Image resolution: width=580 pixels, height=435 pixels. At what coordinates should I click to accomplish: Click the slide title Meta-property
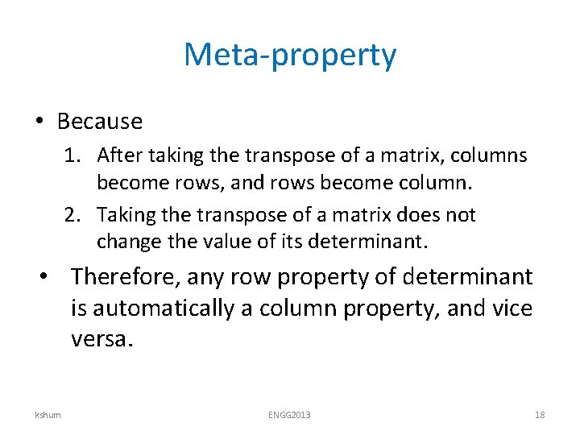click(x=290, y=56)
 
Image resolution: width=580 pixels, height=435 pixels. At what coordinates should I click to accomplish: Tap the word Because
click(x=100, y=122)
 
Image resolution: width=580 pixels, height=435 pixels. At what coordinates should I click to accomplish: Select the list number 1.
click(x=72, y=155)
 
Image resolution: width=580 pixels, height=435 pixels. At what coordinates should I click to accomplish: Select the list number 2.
click(x=72, y=215)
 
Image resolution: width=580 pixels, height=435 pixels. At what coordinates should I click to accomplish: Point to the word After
click(x=118, y=155)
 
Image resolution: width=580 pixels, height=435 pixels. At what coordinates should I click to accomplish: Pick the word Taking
click(x=123, y=215)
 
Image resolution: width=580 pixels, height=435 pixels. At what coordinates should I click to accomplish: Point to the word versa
click(x=100, y=338)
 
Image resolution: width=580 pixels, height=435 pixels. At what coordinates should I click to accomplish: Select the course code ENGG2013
click(x=289, y=414)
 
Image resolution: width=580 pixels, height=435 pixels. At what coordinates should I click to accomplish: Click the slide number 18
click(x=540, y=414)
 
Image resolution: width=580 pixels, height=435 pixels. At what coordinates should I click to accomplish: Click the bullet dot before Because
click(x=39, y=122)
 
